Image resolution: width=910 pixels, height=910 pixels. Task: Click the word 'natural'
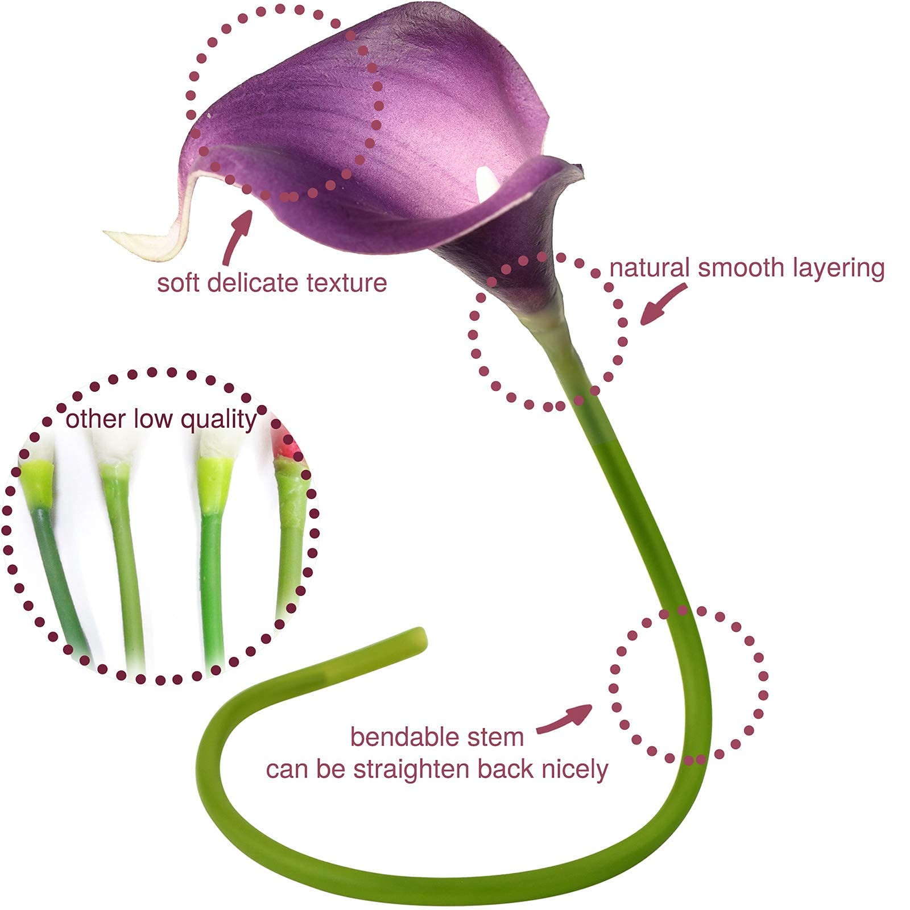click(650, 268)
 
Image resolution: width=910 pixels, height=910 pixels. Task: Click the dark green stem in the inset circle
click(57, 574)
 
